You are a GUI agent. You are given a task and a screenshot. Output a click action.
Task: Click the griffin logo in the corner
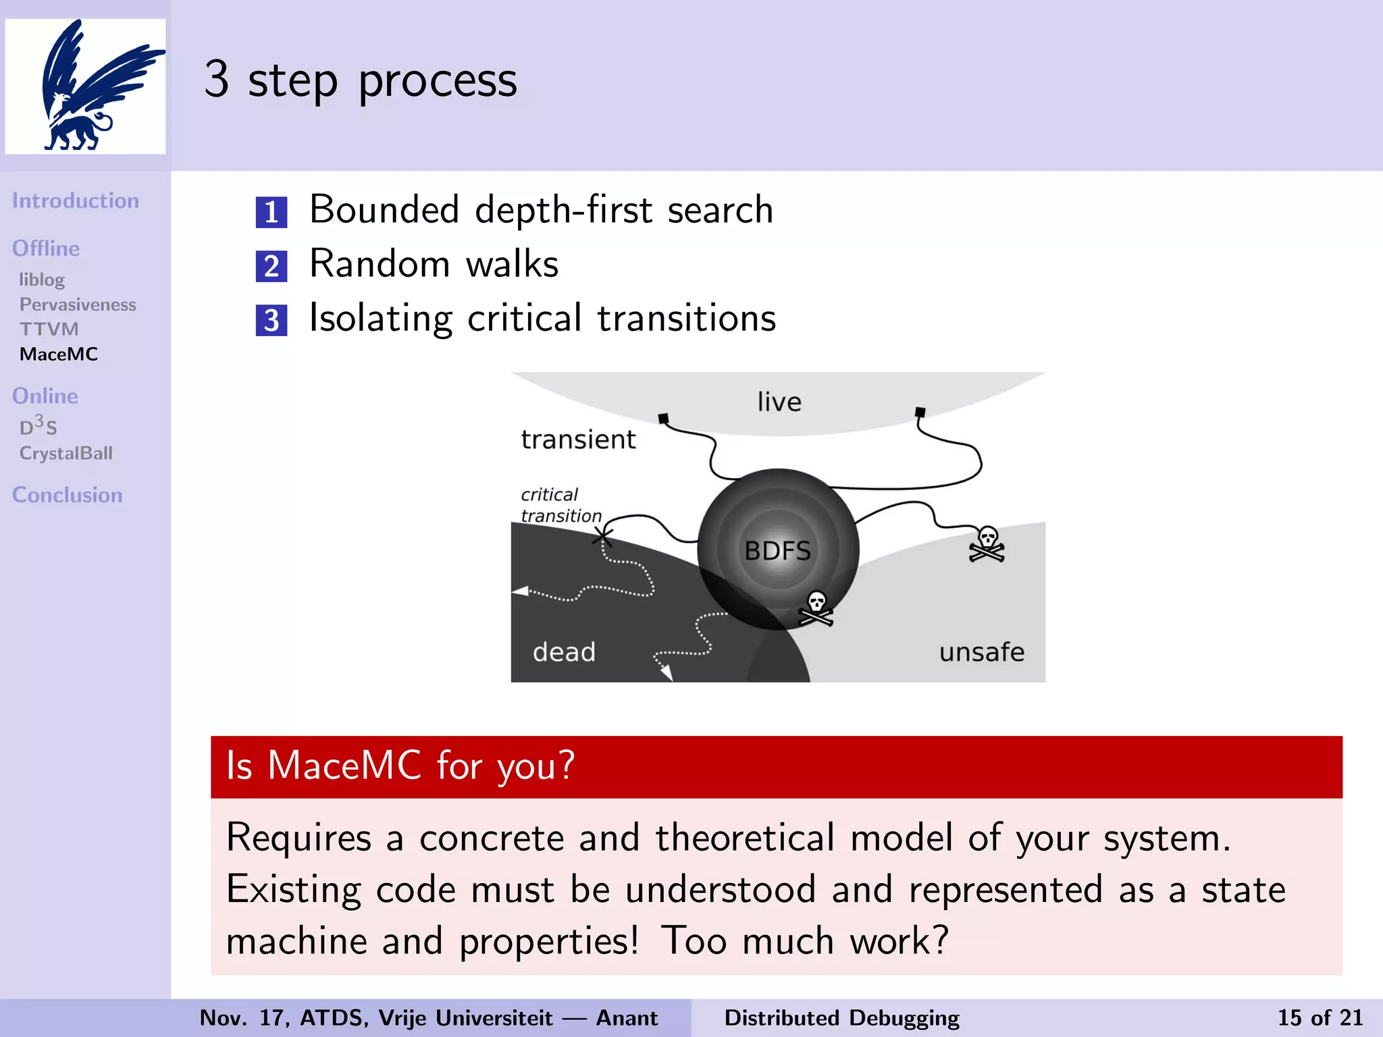(86, 86)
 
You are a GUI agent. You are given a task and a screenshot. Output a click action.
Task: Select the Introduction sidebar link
(75, 201)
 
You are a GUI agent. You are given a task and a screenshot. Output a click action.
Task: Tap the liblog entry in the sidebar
(42, 280)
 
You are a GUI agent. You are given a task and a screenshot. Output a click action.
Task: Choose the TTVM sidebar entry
(49, 329)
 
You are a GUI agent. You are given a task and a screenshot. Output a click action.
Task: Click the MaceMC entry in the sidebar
(59, 354)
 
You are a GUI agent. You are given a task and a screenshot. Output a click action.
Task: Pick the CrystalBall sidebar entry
(66, 453)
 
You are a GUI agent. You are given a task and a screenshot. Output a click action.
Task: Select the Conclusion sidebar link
(68, 495)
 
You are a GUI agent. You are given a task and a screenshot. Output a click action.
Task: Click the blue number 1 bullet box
(271, 213)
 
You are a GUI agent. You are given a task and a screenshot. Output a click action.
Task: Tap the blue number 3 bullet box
(271, 321)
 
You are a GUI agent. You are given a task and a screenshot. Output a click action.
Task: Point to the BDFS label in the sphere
(777, 551)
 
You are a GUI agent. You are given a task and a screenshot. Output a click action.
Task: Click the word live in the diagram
(779, 402)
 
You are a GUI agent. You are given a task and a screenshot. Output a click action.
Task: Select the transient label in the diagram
(578, 440)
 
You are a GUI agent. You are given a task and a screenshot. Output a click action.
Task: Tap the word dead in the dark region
(564, 652)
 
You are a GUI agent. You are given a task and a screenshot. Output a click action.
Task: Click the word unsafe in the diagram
(981, 652)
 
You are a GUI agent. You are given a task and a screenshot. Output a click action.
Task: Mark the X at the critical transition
(602, 537)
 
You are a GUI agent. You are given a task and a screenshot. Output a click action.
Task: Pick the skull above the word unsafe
(987, 544)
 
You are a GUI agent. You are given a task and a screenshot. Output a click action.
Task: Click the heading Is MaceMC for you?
(400, 766)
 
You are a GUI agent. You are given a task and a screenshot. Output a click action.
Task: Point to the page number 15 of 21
(1320, 1017)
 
